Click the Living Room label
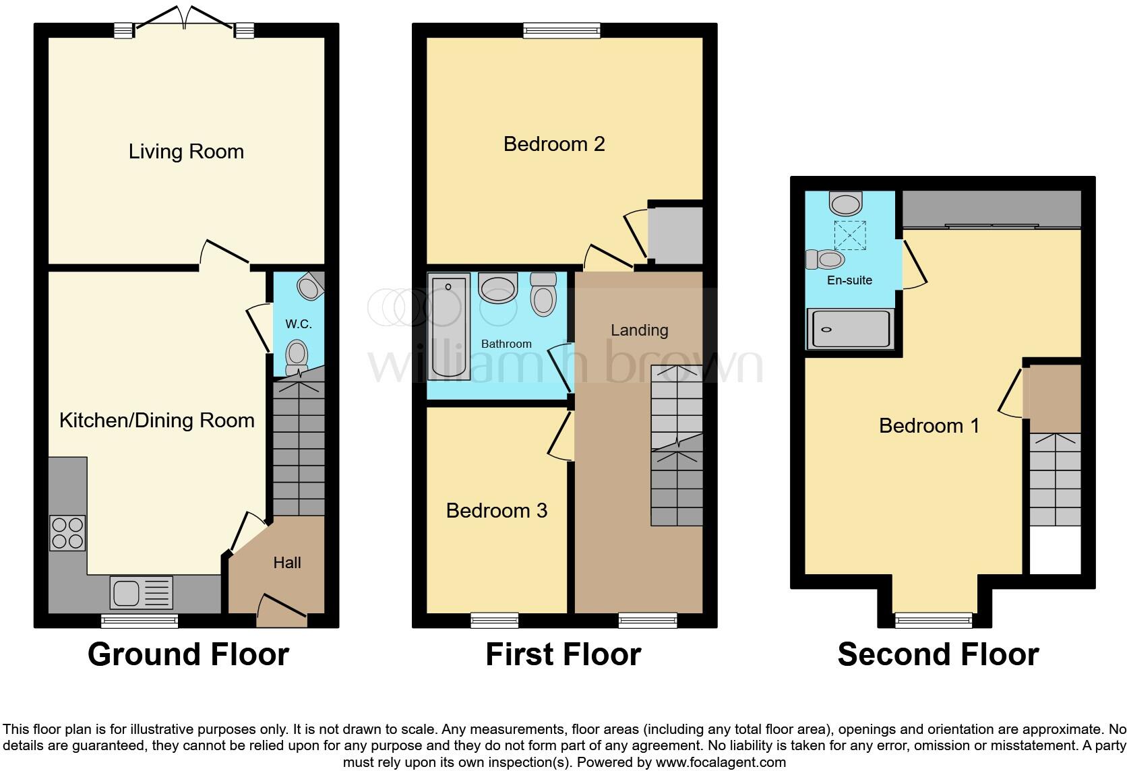(x=186, y=152)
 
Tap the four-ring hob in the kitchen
(x=67, y=533)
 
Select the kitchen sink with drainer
(x=141, y=593)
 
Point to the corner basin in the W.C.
(x=310, y=286)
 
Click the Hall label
(x=287, y=563)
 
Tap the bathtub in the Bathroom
(x=449, y=326)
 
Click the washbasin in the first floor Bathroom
(x=497, y=288)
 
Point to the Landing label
(x=639, y=330)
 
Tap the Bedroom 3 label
(x=497, y=511)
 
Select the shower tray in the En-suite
(x=851, y=329)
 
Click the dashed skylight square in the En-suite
(x=850, y=235)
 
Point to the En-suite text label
(x=849, y=280)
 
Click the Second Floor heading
(x=938, y=654)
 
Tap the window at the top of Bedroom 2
(x=561, y=30)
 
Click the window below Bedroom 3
(x=495, y=620)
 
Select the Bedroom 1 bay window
(x=934, y=620)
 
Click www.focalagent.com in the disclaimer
(x=720, y=763)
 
